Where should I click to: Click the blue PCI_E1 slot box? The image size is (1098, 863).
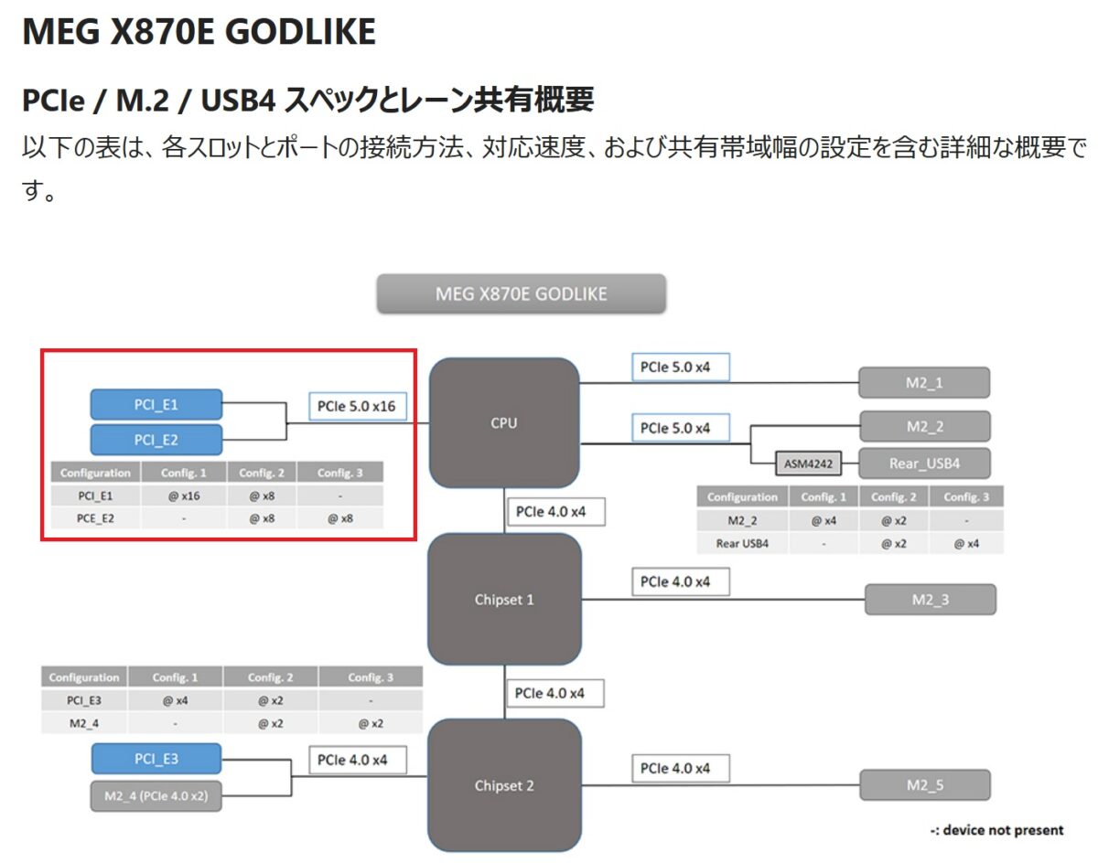click(156, 404)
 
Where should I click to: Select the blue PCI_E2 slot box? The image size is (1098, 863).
click(156, 440)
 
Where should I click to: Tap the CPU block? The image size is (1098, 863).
click(503, 422)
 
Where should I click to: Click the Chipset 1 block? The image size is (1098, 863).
click(503, 600)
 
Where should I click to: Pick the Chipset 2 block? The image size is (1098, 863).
click(503, 785)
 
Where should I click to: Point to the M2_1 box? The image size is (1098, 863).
click(924, 382)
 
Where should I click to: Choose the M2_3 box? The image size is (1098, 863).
click(930, 600)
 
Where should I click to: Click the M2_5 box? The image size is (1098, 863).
click(925, 785)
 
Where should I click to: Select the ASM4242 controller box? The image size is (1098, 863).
click(807, 463)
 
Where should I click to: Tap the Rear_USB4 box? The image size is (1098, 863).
click(924, 463)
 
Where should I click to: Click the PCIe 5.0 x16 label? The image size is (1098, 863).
click(356, 406)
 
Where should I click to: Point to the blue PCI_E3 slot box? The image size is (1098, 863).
click(156, 759)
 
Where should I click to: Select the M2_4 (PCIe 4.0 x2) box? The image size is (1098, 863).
click(156, 796)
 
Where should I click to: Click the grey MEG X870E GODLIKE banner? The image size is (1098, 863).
click(521, 294)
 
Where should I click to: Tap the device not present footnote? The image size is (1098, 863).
click(996, 830)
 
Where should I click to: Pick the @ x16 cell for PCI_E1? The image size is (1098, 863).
click(184, 495)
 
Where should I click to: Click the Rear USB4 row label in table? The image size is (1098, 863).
click(742, 543)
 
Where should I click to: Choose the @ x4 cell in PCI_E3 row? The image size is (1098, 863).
click(175, 700)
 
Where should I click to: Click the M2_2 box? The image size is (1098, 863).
click(924, 427)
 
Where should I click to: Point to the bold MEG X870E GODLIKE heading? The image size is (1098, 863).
click(199, 32)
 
